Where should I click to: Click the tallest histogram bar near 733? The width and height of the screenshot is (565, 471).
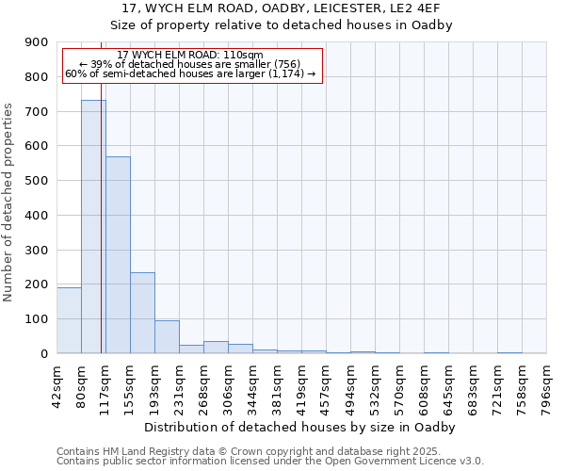pyautogui.click(x=93, y=226)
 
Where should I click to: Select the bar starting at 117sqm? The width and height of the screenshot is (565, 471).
pyautogui.click(x=118, y=254)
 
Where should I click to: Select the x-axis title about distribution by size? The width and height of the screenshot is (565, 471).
pyautogui.click(x=301, y=428)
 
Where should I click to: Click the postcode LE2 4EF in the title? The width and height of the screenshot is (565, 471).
pyautogui.click(x=428, y=8)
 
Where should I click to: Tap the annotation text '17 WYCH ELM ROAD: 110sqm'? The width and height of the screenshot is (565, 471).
pyautogui.click(x=190, y=56)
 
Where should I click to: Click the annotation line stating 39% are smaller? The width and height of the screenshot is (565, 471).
pyautogui.click(x=190, y=65)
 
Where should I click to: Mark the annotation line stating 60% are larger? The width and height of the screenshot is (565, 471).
pyautogui.click(x=190, y=74)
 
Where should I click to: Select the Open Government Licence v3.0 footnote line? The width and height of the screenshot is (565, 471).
pyautogui.click(x=270, y=462)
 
